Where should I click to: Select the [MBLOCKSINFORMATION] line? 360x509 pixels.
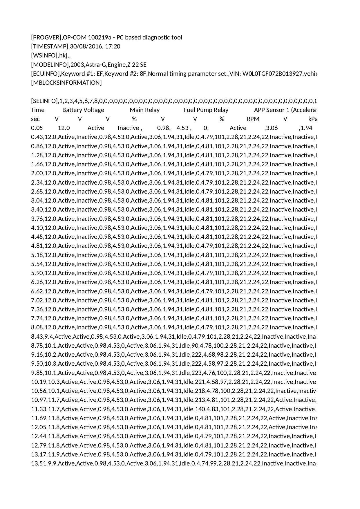66,83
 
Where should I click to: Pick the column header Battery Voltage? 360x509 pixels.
83,110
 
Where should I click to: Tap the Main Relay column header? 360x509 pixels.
144,110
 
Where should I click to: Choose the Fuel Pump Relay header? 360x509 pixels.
206,110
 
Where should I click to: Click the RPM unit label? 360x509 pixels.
253,119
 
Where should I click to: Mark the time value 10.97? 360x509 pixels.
39,400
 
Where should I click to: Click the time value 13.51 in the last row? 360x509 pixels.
39,463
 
